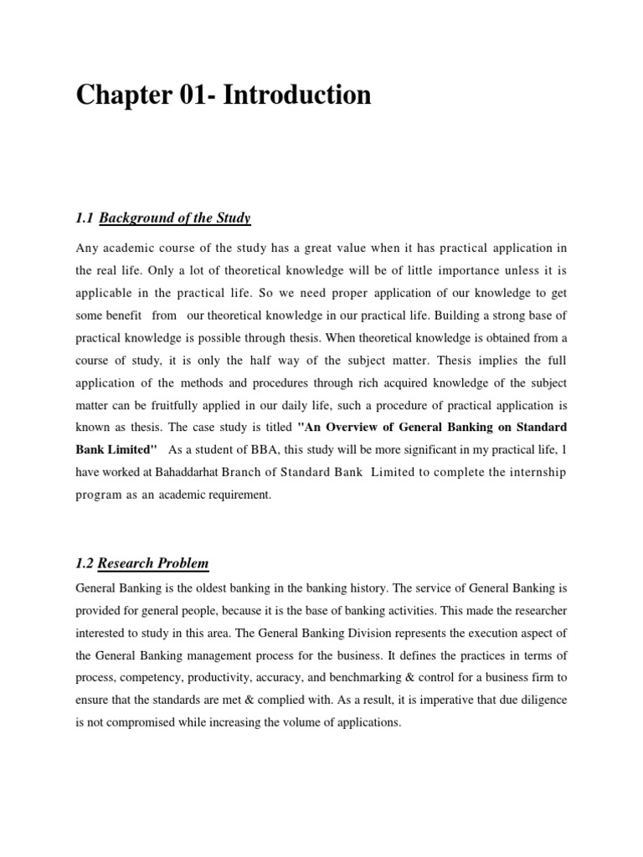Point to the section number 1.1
84,219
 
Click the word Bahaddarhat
187,472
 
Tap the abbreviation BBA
258,449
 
